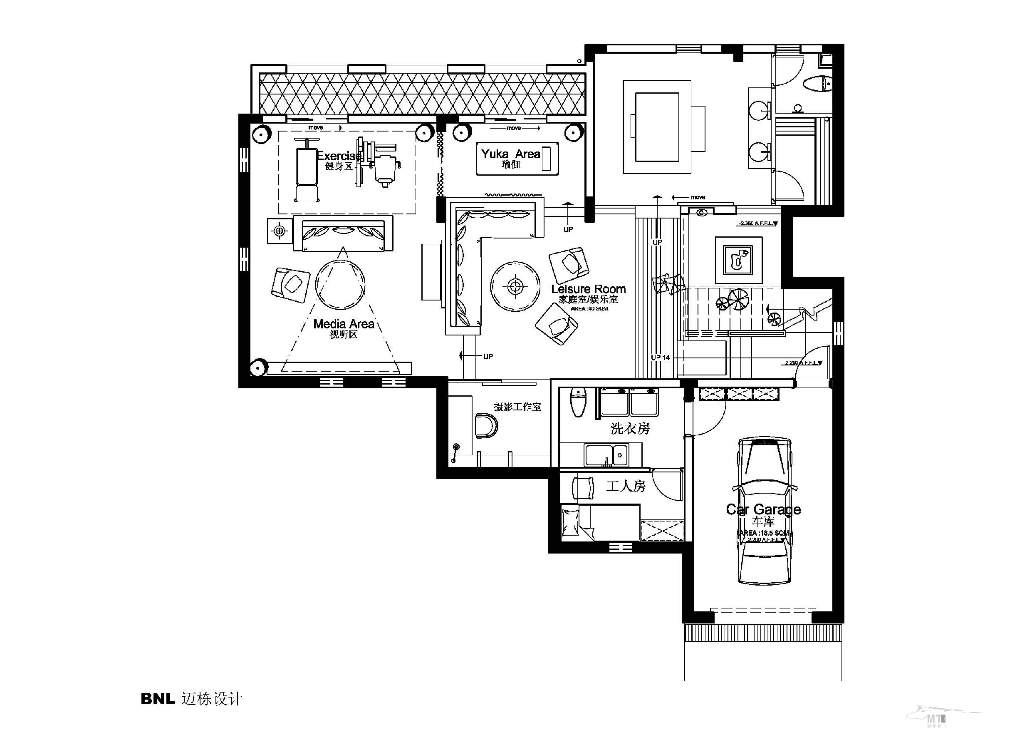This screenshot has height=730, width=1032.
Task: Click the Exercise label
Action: click(339, 156)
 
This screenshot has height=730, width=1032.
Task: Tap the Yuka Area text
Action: click(510, 154)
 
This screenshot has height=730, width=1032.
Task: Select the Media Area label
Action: click(344, 324)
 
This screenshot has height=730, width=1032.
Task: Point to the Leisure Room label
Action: click(588, 289)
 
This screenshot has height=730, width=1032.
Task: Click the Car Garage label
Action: click(763, 509)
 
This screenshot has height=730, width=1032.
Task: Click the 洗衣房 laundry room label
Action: click(630, 429)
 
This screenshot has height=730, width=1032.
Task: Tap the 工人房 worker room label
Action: click(626, 486)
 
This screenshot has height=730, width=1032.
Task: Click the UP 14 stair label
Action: click(660, 358)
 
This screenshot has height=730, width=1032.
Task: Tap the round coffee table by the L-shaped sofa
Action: click(515, 286)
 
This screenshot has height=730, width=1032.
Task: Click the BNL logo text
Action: click(158, 698)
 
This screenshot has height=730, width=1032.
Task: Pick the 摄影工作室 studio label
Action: click(517, 407)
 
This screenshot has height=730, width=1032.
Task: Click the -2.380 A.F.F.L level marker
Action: click(758, 223)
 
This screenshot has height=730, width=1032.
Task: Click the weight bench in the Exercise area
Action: click(306, 171)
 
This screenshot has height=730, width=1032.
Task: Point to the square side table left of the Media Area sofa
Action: click(280, 231)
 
